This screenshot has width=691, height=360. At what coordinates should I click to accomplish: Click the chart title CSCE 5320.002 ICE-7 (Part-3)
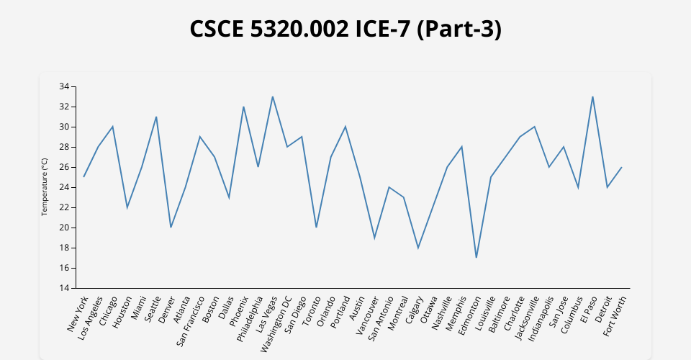tap(345, 29)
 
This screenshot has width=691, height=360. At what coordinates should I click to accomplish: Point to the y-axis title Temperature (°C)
tap(45, 187)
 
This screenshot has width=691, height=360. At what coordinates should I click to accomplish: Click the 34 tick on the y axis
tap(64, 86)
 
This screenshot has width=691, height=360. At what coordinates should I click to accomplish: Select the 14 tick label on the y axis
tap(64, 288)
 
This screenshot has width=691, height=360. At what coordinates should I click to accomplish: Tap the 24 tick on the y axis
tap(64, 187)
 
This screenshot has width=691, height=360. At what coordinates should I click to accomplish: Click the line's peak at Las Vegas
tap(273, 96)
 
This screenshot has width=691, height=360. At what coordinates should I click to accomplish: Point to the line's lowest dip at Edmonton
tap(477, 258)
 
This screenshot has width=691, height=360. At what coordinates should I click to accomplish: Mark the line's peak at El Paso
tap(592, 96)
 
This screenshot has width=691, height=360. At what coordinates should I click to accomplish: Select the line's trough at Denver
tap(171, 228)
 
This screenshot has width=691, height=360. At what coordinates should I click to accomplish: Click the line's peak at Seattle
tap(156, 117)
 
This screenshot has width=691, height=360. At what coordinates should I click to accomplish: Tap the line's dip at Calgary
tap(418, 248)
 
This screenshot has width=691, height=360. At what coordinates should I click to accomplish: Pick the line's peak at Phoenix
tap(243, 107)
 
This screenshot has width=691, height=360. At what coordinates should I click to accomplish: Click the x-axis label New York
tap(78, 314)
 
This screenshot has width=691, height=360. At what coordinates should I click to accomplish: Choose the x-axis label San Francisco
tap(191, 321)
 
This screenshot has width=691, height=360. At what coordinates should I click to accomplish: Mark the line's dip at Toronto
tap(316, 228)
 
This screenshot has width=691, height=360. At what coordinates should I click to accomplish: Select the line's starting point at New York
tap(83, 177)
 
